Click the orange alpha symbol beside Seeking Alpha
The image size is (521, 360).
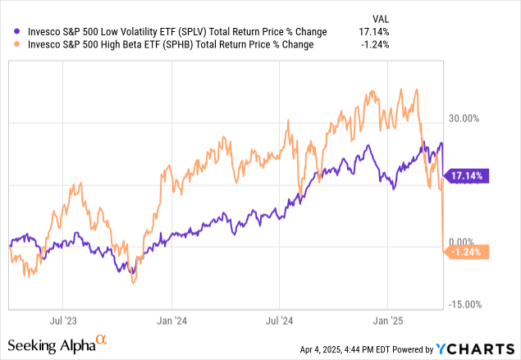pyautogui.click(x=103, y=338)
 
